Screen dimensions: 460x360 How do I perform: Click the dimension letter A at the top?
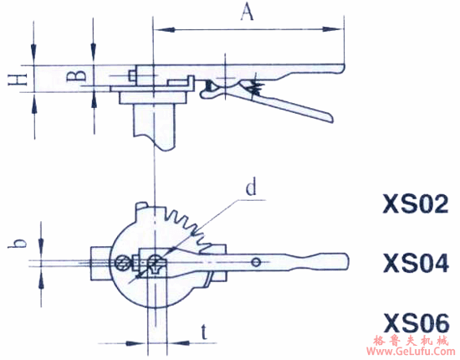click(x=247, y=13)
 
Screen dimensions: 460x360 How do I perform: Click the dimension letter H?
click(x=18, y=79)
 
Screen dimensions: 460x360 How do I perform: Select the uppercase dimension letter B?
click(x=76, y=75)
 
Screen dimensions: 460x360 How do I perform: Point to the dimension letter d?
click(x=251, y=188)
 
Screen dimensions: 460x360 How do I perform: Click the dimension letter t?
click(x=204, y=332)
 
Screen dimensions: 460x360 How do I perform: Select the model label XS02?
click(x=416, y=203)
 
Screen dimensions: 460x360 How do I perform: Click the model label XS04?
click(x=416, y=263)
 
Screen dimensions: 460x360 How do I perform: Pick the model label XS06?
click(x=417, y=322)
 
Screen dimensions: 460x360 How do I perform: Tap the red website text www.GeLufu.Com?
click(x=411, y=352)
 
